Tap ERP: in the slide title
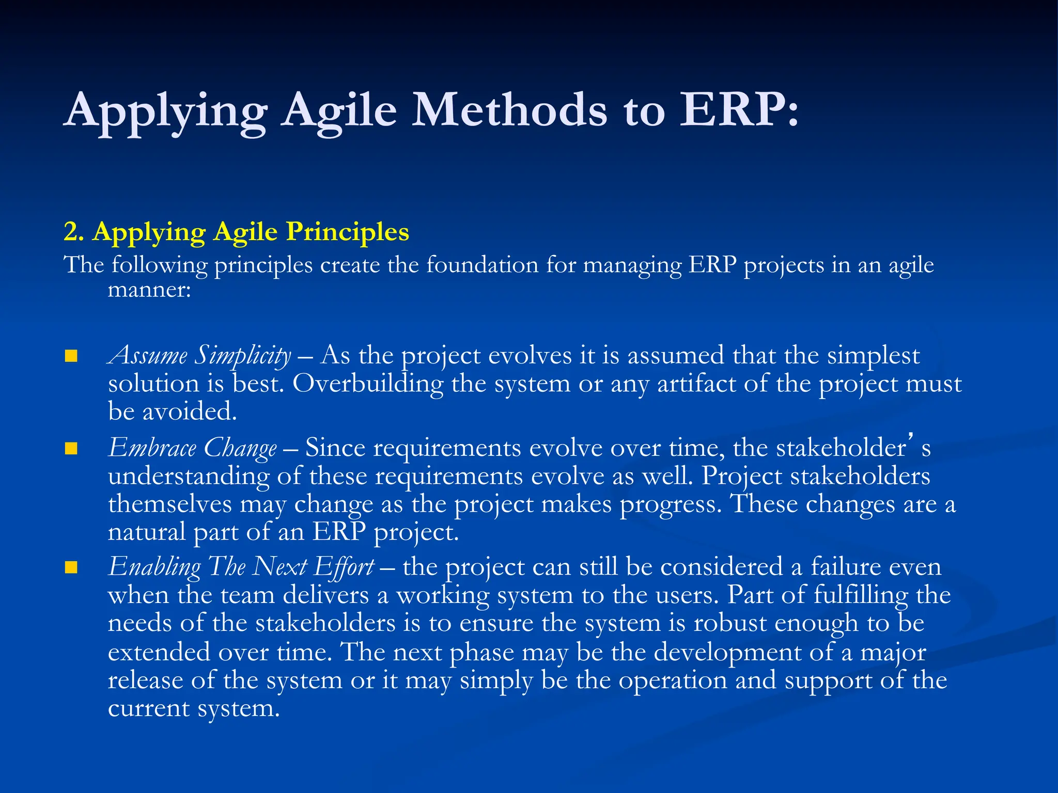739,110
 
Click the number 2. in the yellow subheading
74,231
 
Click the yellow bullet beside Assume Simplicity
71,356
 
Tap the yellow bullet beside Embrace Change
71,448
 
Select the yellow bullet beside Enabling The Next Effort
71,568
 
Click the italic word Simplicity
242,356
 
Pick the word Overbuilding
368,384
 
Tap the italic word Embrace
152,448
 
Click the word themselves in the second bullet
169,504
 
